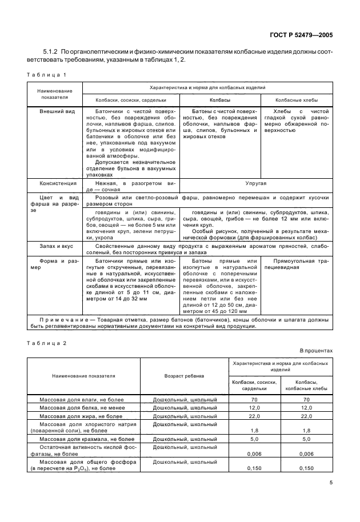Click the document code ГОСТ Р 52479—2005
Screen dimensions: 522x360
pyautogui.click(x=301, y=35)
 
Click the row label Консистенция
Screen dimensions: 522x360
pyautogui.click(x=55, y=184)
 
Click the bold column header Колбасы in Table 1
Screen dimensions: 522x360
pyautogui.click(x=219, y=100)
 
